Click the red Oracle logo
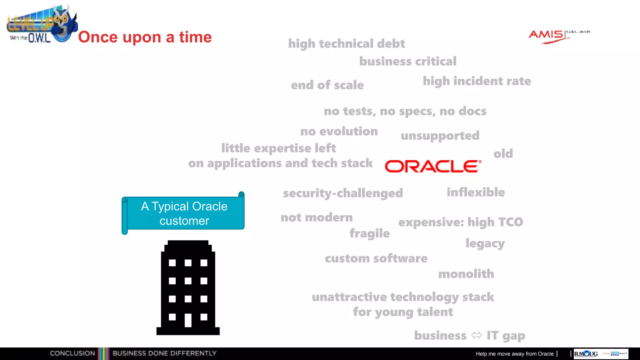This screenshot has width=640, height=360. click(432, 166)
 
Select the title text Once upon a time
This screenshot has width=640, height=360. click(145, 37)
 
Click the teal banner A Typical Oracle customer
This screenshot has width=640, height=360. click(184, 213)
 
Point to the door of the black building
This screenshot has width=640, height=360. click(188, 320)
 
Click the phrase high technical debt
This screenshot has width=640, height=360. click(346, 44)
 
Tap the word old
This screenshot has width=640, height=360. click(503, 154)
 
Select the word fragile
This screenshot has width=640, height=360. click(369, 233)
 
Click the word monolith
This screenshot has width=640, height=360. click(466, 274)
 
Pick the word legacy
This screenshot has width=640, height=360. click(485, 243)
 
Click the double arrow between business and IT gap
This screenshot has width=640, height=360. click(477, 335)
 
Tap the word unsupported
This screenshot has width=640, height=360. click(440, 136)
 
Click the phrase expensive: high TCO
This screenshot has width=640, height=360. click(460, 222)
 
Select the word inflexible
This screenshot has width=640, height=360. click(475, 192)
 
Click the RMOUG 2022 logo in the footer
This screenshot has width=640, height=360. click(600, 354)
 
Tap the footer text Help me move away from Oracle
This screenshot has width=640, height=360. click(514, 354)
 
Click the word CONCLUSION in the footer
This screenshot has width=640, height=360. click(72, 353)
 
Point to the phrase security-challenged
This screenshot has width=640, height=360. click(343, 193)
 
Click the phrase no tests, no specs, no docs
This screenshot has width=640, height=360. click(405, 111)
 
